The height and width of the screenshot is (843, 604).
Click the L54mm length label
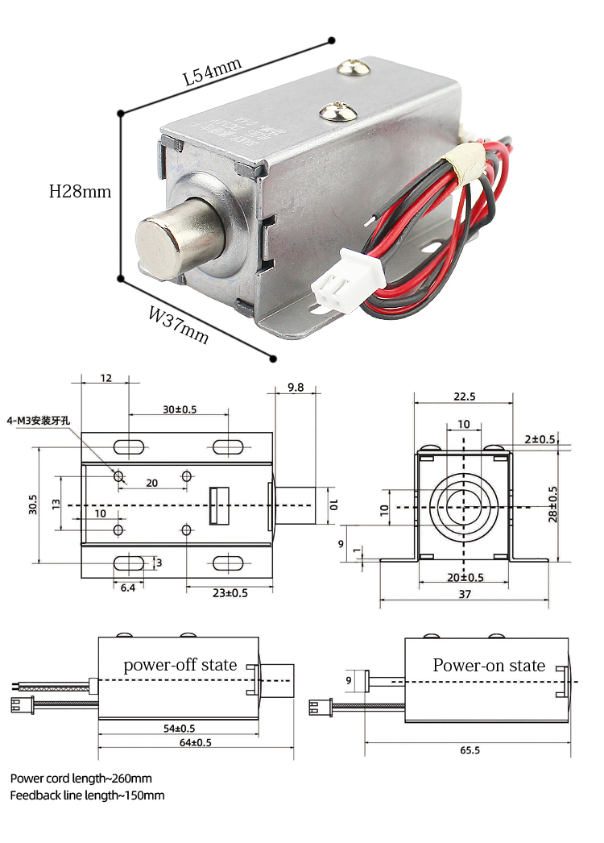[212, 73]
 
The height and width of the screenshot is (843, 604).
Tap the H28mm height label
[80, 192]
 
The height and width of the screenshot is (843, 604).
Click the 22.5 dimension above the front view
[464, 396]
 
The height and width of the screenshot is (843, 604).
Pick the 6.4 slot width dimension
[127, 589]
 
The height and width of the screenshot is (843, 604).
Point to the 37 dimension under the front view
[464, 594]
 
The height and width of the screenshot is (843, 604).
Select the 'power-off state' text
[180, 665]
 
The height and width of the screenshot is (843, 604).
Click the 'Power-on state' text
[489, 666]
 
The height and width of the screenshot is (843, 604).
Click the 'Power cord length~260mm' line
[81, 779]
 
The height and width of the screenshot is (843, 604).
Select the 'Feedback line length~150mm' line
[87, 795]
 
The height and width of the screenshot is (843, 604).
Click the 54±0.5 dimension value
[179, 728]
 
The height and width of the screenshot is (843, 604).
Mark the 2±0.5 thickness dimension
[539, 439]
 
